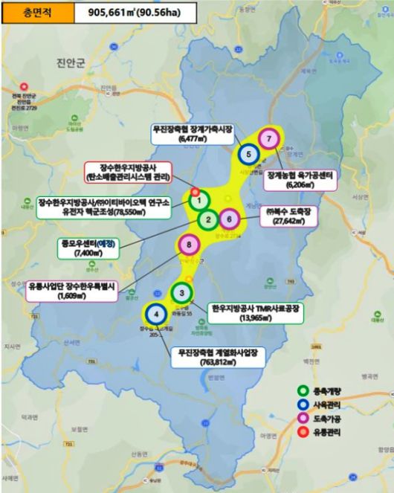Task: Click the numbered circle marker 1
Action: [198, 199]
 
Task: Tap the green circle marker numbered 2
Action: [209, 219]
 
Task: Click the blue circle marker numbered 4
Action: [155, 315]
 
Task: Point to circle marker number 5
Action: [248, 154]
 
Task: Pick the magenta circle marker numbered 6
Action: [230, 219]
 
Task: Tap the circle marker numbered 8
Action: [190, 244]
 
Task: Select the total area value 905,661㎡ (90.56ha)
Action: [135, 13]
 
